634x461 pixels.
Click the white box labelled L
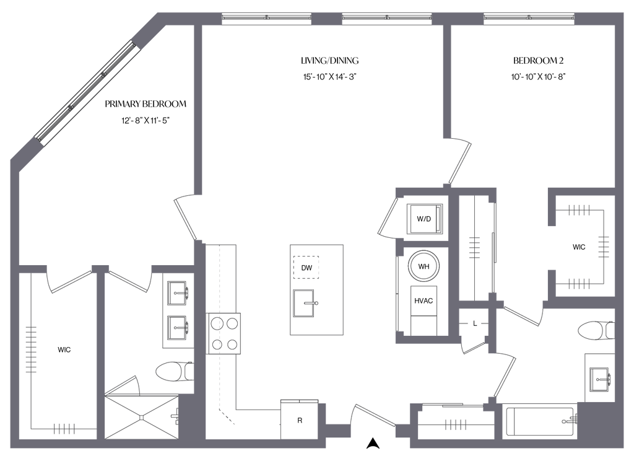coord(474,323)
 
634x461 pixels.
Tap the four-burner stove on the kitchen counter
coord(224,333)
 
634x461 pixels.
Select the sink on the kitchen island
coord(305,302)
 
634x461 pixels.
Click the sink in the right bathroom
coord(598,376)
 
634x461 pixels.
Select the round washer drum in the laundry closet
coord(423,265)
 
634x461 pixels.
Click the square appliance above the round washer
coord(423,217)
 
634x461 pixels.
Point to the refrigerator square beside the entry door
coord(299,419)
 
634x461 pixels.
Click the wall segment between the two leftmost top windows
coord(326,19)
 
